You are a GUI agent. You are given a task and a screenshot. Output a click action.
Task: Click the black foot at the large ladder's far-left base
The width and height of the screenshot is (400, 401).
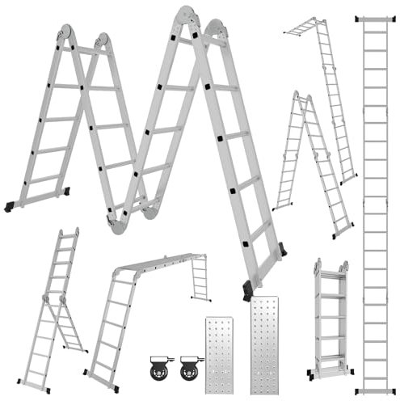point(9,207)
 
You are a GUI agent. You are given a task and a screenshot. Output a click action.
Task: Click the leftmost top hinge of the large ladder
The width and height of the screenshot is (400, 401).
point(64,35)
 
